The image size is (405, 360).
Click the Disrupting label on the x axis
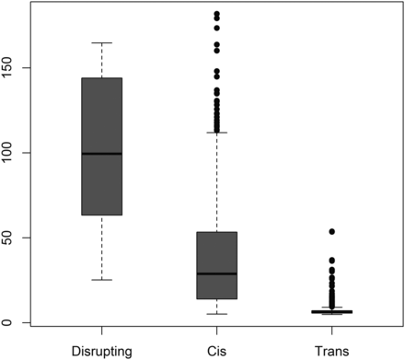tap(101, 350)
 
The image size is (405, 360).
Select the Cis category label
tap(216, 350)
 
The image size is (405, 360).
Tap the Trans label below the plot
tap(331, 350)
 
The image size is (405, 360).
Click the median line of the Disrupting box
tap(101, 153)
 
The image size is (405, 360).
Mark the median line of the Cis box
tap(216, 273)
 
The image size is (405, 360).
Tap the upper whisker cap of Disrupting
tap(101, 42)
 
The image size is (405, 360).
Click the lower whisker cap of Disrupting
tap(101, 280)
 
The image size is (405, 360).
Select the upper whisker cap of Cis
tap(216, 133)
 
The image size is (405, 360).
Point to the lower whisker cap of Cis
tap(216, 314)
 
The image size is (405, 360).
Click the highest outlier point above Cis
tap(216, 14)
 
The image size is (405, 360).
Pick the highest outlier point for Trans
tap(331, 232)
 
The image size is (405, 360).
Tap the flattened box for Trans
tap(331, 312)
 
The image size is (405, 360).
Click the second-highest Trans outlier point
tap(331, 261)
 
